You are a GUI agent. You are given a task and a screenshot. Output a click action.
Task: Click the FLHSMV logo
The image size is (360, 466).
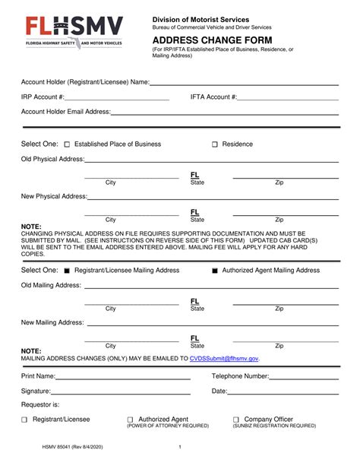[x=74, y=33]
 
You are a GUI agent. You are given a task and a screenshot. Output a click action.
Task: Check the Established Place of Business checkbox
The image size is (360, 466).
[x=67, y=144]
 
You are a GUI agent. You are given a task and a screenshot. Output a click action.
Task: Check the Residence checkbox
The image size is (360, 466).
[x=215, y=144]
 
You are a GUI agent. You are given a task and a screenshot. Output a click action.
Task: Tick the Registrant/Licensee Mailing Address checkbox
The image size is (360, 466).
[x=67, y=271]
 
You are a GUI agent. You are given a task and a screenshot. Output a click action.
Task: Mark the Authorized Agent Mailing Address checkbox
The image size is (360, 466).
[x=214, y=271]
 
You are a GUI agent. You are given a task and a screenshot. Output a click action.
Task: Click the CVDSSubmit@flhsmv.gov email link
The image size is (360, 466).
[x=224, y=358]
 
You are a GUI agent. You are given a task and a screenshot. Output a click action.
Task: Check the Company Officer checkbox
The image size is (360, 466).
[x=236, y=420]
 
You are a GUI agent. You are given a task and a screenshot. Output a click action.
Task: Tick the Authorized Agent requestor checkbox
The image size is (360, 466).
[x=130, y=420]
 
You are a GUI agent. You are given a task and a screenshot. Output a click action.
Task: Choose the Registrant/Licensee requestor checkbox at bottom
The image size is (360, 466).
[x=24, y=420]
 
